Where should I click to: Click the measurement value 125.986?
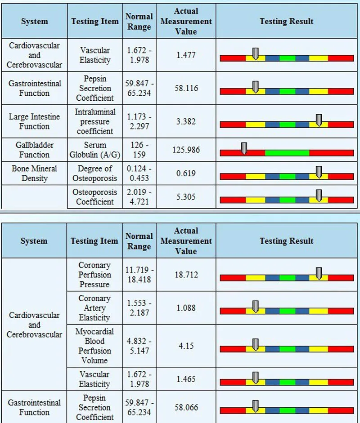click(x=186, y=150)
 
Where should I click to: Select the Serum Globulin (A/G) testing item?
click(x=94, y=150)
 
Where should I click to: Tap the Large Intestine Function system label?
click(x=34, y=121)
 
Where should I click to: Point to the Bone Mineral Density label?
click(x=34, y=173)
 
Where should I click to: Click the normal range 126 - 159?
click(x=139, y=150)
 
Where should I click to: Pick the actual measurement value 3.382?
click(x=186, y=121)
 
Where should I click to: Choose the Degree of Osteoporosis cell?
click(x=94, y=173)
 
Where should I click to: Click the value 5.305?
click(x=186, y=196)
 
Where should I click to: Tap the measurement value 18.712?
click(x=186, y=275)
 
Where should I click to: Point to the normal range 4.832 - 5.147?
click(x=139, y=346)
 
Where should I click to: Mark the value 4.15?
click(x=186, y=346)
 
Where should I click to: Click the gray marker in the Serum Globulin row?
click(x=244, y=148)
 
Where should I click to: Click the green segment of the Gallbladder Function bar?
click(x=287, y=153)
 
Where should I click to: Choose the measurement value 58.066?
click(x=186, y=408)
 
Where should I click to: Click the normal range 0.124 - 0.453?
click(x=139, y=173)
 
